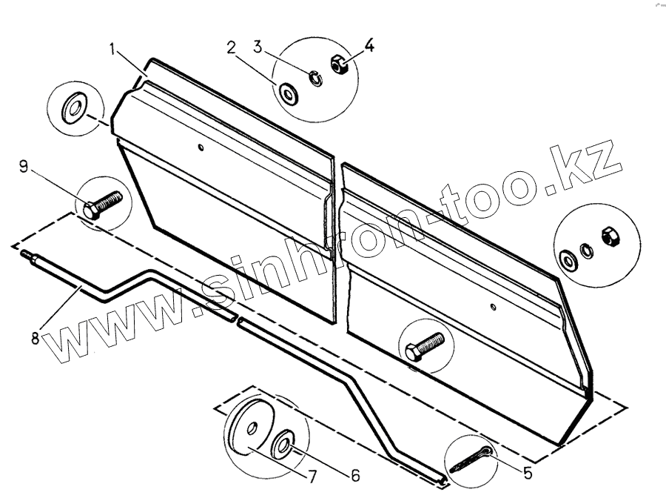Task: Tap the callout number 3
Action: [x=258, y=47]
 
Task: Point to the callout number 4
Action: [x=369, y=46]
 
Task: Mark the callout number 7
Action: [x=312, y=479]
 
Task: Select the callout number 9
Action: [x=24, y=168]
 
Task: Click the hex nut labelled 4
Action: [x=340, y=65]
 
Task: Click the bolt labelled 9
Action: [x=103, y=205]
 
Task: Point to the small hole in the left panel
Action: [x=202, y=147]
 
